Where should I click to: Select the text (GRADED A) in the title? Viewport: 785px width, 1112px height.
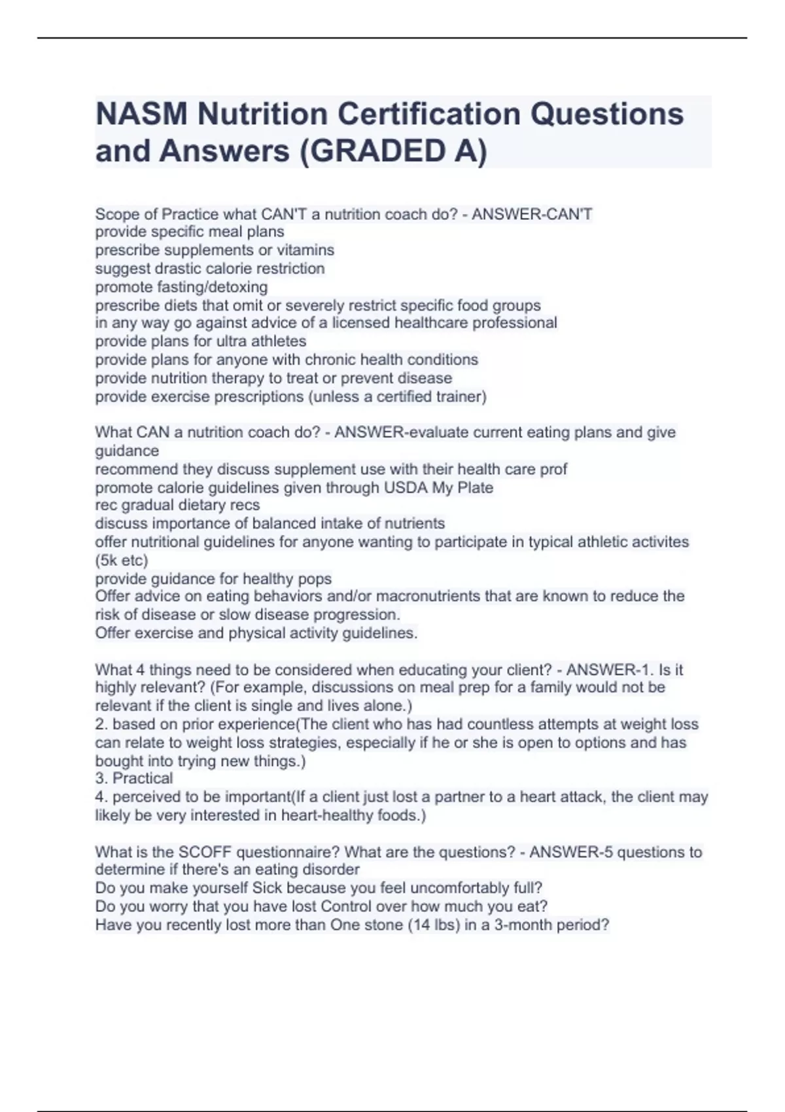393,151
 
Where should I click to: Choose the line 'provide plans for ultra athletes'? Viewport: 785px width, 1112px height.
200,341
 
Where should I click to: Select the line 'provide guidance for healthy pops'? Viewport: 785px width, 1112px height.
213,578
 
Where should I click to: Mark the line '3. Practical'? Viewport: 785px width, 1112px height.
134,778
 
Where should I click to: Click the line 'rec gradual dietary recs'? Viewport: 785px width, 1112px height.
177,505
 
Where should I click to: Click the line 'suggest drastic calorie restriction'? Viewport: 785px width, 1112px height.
209,268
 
